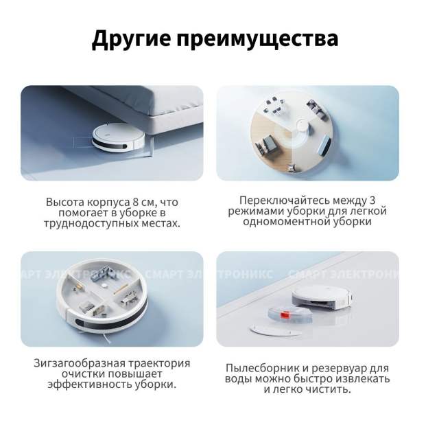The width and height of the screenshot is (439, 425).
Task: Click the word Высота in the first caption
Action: point(64,202)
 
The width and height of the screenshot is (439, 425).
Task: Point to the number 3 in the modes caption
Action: point(372,200)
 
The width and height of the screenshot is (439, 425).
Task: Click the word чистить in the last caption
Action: point(330,389)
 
